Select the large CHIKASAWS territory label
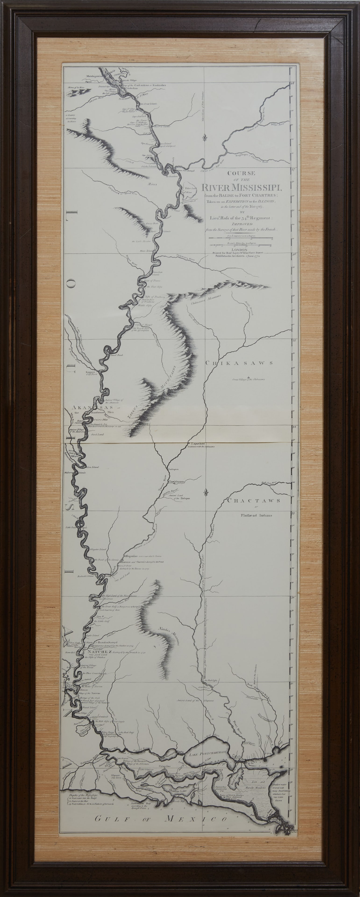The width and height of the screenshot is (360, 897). (x=239, y=363)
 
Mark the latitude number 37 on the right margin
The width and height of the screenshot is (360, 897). (x=293, y=170)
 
